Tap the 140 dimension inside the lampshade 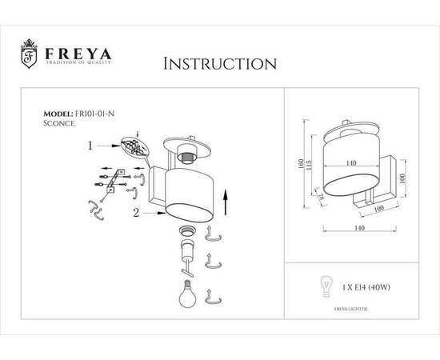point(350,162)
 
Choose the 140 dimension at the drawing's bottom point(349,229)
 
